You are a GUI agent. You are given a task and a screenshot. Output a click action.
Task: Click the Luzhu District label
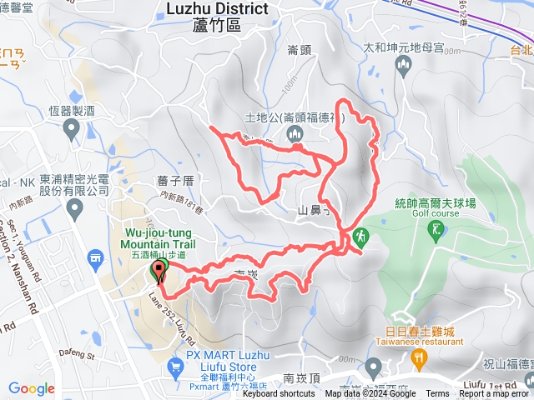(217, 9)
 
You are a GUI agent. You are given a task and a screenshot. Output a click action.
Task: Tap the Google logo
(32, 388)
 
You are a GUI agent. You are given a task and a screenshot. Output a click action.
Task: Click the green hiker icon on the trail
(360, 237)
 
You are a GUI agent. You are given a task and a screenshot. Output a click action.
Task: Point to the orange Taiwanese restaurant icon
(419, 359)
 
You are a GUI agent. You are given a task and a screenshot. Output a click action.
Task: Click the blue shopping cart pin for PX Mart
(175, 366)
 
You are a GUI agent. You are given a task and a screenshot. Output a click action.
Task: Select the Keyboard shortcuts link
(279, 394)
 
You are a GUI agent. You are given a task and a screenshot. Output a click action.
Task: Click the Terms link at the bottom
(437, 394)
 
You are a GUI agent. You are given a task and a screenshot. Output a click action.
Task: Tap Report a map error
(494, 394)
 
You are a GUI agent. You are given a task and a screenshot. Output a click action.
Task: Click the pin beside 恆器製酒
(72, 128)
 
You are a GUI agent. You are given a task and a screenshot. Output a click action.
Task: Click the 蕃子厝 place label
(174, 180)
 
